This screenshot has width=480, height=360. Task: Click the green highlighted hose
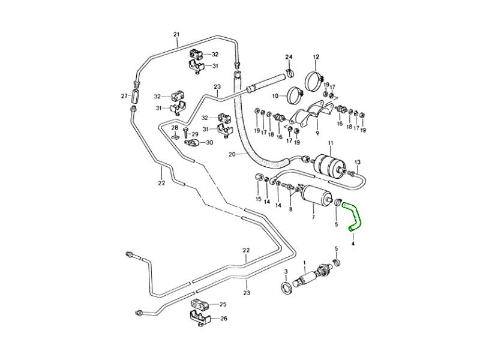point(354,215)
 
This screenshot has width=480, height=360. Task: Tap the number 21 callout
point(176,34)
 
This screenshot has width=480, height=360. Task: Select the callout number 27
point(124,96)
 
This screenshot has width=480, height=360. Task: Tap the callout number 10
point(275,95)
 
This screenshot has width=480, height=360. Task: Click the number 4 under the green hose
point(353,244)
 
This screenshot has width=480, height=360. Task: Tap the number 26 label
point(223,319)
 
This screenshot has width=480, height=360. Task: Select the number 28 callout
point(174,128)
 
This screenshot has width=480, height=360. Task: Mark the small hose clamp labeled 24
point(290,74)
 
